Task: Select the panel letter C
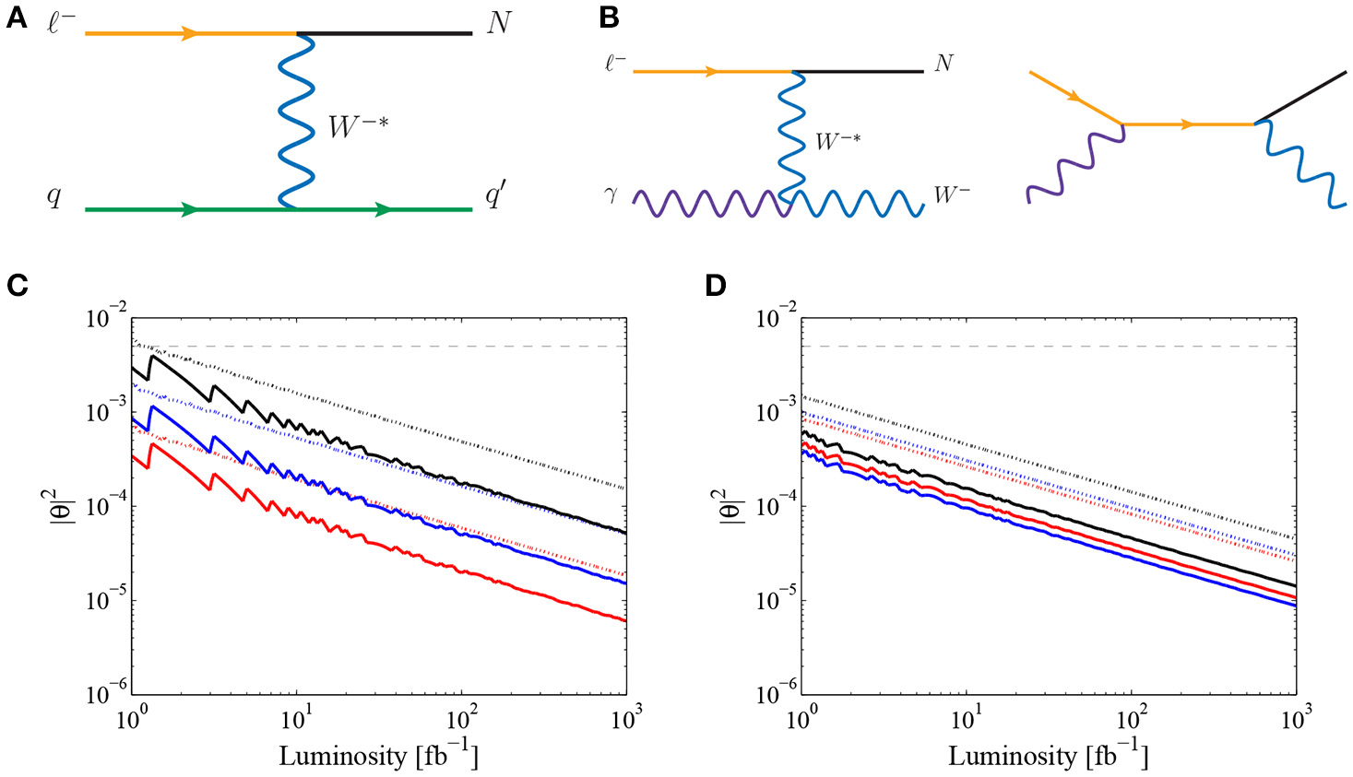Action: pyautogui.click(x=17, y=286)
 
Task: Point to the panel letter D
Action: pyautogui.click(x=716, y=286)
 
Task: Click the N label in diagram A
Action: pyautogui.click(x=498, y=22)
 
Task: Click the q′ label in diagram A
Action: pyautogui.click(x=495, y=195)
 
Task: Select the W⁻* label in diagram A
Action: pyautogui.click(x=358, y=126)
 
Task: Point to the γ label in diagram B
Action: pyautogui.click(x=611, y=194)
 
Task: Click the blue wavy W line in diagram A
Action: pyautogui.click(x=297, y=120)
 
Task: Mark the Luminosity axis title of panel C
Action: pyautogui.click(x=378, y=756)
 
